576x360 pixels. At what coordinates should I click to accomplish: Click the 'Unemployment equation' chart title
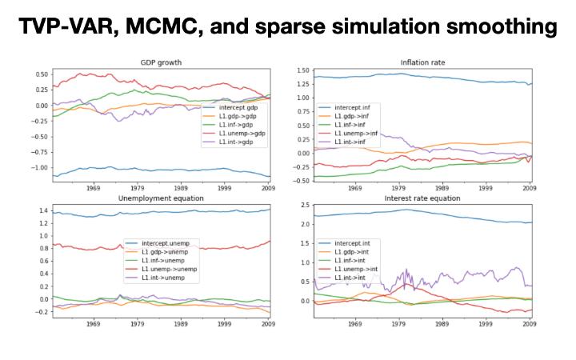coord(162,198)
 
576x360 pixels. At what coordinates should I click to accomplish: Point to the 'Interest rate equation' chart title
coord(423,198)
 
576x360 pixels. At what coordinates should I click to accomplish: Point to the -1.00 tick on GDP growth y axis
coord(37,168)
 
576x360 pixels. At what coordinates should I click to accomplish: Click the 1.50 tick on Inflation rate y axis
coord(301,70)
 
